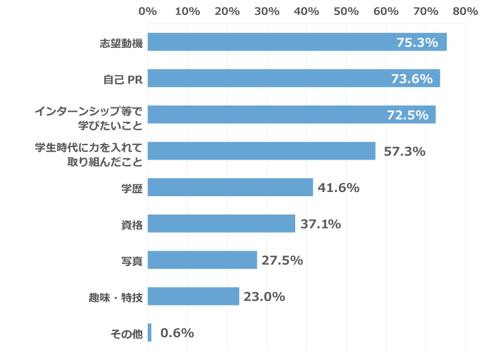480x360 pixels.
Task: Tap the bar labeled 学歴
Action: pyautogui.click(x=230, y=187)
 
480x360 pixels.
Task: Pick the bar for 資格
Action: pyautogui.click(x=221, y=224)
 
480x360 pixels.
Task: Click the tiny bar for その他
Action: pyautogui.click(x=149, y=333)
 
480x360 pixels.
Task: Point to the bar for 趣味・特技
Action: pyautogui.click(x=193, y=296)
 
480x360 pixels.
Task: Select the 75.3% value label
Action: pyautogui.click(x=417, y=43)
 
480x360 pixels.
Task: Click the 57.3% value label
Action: pyautogui.click(x=404, y=151)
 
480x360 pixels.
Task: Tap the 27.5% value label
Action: pyautogui.click(x=282, y=260)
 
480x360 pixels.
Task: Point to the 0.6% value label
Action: pyautogui.click(x=178, y=333)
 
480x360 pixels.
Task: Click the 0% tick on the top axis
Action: pyautogui.click(x=148, y=11)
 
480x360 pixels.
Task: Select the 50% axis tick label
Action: pyautogui.click(x=346, y=11)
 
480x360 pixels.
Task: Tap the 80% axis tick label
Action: pyautogui.click(x=465, y=11)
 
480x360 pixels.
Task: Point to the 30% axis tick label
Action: pyautogui.click(x=266, y=11)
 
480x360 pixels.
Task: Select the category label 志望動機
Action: pyautogui.click(x=121, y=43)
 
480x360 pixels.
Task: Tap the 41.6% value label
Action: pyautogui.click(x=338, y=188)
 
